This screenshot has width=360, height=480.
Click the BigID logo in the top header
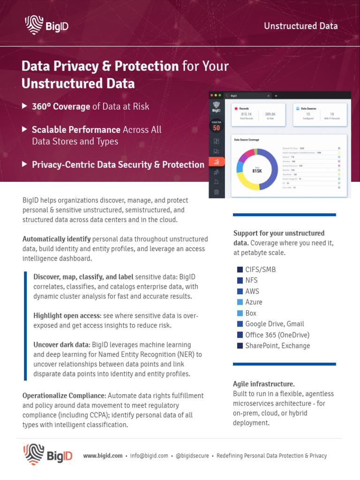[46, 25]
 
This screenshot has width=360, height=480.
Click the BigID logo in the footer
[48, 455]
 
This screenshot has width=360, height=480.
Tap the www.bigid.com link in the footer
[103, 456]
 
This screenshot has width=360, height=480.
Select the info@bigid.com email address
[149, 456]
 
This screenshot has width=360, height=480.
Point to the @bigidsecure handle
[192, 456]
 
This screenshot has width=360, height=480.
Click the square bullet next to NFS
[240, 280]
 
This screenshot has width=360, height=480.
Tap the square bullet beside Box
[240, 313]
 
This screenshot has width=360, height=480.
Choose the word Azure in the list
[254, 302]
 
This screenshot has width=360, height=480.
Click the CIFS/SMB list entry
[261, 270]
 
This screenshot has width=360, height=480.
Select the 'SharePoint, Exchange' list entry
[277, 346]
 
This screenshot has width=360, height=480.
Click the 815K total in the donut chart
[257, 171]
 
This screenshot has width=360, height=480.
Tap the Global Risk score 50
[216, 127]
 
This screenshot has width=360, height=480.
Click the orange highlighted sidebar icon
[216, 162]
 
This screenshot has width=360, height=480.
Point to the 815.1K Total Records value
[246, 114]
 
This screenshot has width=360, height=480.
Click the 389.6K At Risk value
[270, 114]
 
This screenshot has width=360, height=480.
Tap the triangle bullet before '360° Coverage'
[24, 106]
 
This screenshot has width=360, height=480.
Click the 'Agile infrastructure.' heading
[263, 384]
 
